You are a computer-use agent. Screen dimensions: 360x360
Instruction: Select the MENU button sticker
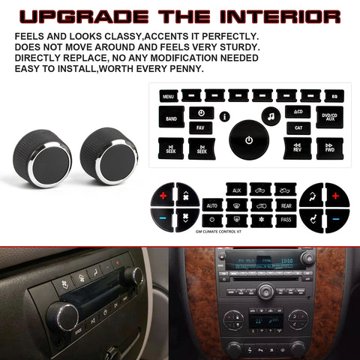click(168, 96)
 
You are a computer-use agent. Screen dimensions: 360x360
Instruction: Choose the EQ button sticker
click(334, 96)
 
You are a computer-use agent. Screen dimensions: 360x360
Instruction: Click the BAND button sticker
click(171, 118)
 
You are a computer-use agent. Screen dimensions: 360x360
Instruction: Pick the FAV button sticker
click(200, 128)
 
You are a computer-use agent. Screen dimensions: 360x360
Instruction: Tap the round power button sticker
click(247, 140)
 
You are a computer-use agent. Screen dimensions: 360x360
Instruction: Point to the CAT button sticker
click(298, 128)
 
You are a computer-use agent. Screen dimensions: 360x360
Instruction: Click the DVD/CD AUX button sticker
click(329, 118)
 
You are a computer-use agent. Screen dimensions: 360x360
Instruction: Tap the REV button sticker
click(298, 148)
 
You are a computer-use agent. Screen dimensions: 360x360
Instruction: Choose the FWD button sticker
click(329, 148)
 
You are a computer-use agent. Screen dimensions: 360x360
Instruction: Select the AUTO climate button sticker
click(212, 204)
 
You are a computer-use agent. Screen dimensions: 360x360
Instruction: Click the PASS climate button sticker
click(285, 220)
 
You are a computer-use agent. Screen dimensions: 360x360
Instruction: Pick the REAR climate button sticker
click(285, 204)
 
